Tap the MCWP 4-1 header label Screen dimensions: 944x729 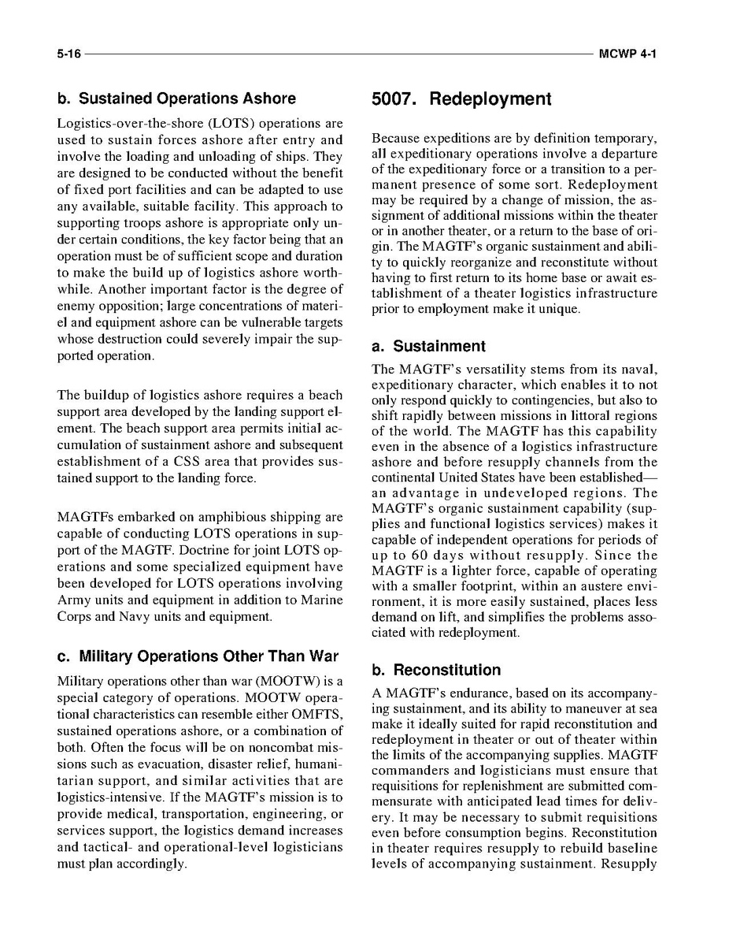627,55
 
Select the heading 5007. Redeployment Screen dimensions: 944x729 461,99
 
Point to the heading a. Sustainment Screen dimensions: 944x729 428,346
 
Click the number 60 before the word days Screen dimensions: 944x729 412,556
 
